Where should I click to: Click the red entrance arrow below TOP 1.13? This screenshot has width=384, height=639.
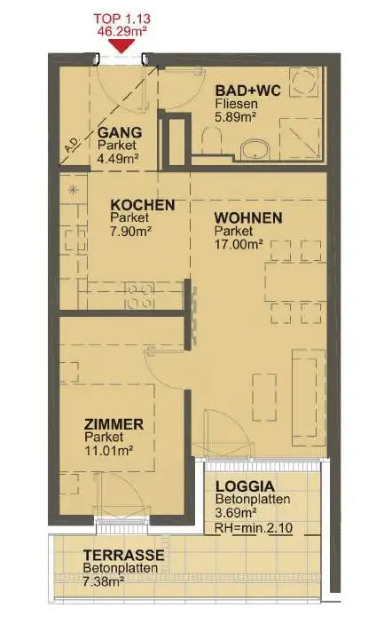(121, 45)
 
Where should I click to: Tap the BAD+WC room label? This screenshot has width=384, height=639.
(248, 90)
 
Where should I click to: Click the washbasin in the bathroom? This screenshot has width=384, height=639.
(255, 150)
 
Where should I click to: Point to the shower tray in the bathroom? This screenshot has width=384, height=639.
(301, 138)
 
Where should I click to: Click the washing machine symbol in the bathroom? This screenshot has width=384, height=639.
(303, 82)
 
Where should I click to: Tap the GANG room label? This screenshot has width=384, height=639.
(120, 132)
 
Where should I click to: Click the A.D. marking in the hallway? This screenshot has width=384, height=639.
(74, 145)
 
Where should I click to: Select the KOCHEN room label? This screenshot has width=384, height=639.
(143, 205)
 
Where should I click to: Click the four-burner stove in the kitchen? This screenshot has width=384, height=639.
(139, 296)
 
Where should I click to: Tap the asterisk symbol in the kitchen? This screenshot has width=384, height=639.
(73, 190)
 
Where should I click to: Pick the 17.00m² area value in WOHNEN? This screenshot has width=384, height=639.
(239, 244)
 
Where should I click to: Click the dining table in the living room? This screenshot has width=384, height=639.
(295, 281)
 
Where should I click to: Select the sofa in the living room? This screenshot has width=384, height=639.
(309, 398)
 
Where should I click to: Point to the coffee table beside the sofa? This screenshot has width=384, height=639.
(264, 398)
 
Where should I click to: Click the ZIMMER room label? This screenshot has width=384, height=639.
(114, 424)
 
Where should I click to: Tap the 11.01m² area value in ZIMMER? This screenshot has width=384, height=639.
(109, 451)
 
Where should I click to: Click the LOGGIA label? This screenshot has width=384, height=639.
(245, 486)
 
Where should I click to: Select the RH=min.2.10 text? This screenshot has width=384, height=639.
(254, 528)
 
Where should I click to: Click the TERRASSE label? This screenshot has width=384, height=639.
(124, 555)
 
